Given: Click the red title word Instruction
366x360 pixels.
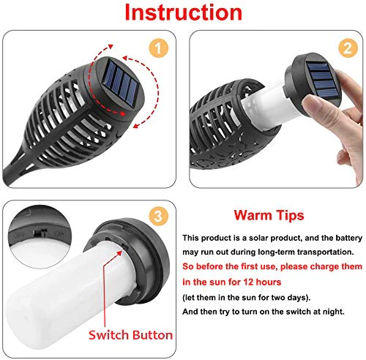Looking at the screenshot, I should (x=184, y=13).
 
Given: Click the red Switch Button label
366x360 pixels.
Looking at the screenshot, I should (x=130, y=335).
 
